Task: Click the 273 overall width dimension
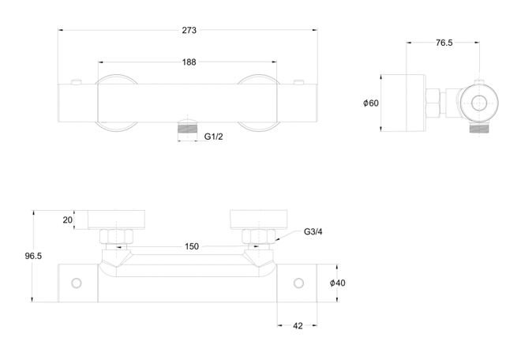click(189, 30)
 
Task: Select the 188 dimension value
click(189, 62)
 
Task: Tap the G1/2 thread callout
click(213, 137)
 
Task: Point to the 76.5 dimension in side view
click(444, 43)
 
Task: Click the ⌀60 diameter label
click(371, 103)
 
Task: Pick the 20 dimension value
click(67, 220)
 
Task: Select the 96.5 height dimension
click(33, 256)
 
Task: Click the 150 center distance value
click(192, 246)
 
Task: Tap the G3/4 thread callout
click(313, 231)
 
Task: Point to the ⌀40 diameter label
click(338, 283)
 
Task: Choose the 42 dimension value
click(298, 326)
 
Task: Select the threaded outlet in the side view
click(479, 129)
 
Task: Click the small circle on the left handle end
click(77, 283)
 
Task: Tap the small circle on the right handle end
click(298, 283)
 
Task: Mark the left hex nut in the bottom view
click(116, 236)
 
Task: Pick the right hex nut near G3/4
click(259, 236)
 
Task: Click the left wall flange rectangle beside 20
click(116, 219)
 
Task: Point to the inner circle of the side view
click(479, 103)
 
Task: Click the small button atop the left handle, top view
click(77, 82)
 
